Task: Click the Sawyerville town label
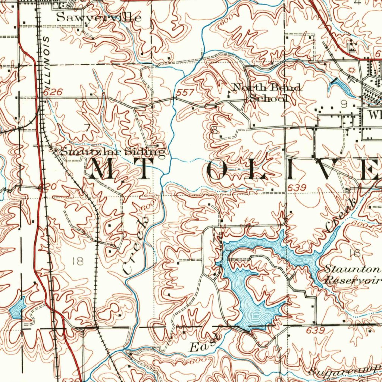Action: point(99,17)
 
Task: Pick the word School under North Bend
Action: point(269,98)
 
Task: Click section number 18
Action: point(78,261)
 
